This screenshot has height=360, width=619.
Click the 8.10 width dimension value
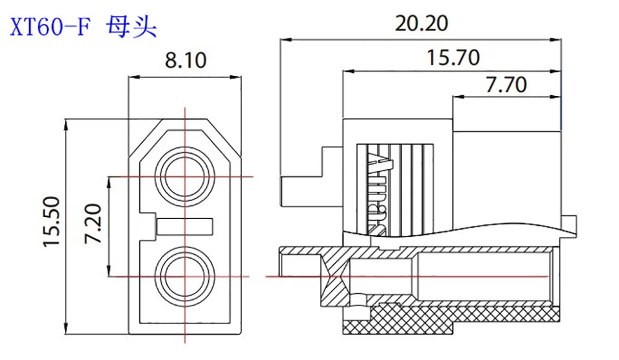tap(185, 61)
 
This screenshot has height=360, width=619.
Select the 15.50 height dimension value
tap(52, 223)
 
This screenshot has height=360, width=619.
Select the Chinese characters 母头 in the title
tap(132, 27)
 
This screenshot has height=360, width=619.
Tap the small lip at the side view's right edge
tap(570, 223)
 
